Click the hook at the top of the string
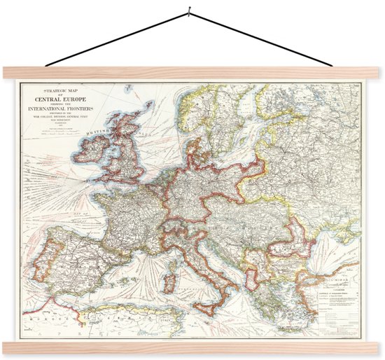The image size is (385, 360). [188, 11]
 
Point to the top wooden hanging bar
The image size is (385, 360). [192, 72]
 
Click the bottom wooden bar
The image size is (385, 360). [192, 347]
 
